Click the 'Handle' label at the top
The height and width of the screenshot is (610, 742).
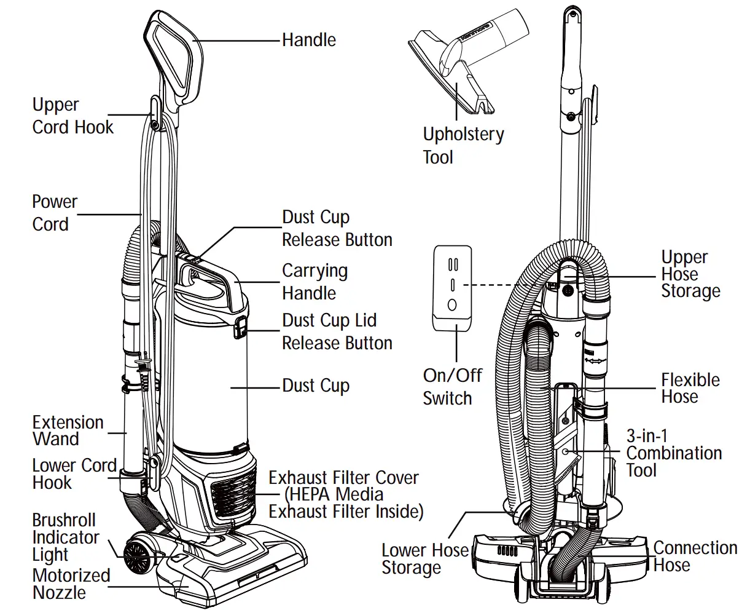308,41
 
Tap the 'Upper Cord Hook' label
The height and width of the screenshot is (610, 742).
72,116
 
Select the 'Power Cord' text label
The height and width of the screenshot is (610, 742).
55,213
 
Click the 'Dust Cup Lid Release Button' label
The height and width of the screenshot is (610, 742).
337,331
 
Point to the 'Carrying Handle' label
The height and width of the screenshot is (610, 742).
314,282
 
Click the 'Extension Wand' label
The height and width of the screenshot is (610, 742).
68,430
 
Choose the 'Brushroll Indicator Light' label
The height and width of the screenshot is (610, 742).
65,537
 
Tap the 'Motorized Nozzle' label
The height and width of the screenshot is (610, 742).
71,584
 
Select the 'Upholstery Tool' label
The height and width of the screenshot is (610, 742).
463,145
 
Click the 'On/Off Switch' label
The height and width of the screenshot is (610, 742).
452,386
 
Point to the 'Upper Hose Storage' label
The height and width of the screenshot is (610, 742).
690,274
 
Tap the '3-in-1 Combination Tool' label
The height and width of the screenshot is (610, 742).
673,453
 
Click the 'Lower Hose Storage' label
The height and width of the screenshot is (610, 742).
424,558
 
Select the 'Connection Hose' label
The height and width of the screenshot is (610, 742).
695,556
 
